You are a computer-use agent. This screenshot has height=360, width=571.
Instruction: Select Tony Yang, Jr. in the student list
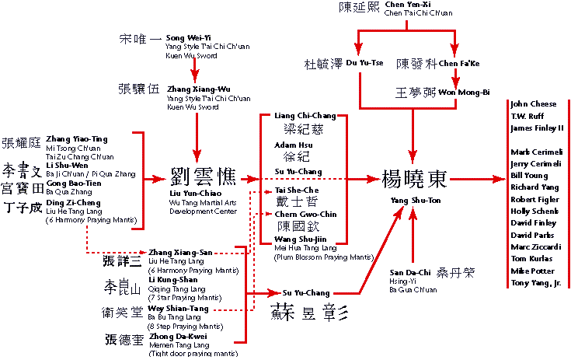(535, 283)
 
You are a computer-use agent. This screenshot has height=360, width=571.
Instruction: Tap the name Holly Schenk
(534, 211)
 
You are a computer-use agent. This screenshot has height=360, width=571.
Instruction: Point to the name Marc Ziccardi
(535, 246)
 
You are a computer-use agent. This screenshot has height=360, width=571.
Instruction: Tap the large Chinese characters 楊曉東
(414, 179)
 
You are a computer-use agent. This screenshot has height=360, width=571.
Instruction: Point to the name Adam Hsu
(291, 145)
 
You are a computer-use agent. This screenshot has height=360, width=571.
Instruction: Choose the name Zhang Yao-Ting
(77, 139)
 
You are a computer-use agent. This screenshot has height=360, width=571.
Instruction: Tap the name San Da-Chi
(410, 273)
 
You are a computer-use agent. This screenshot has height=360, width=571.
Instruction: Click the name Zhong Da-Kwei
(174, 337)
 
